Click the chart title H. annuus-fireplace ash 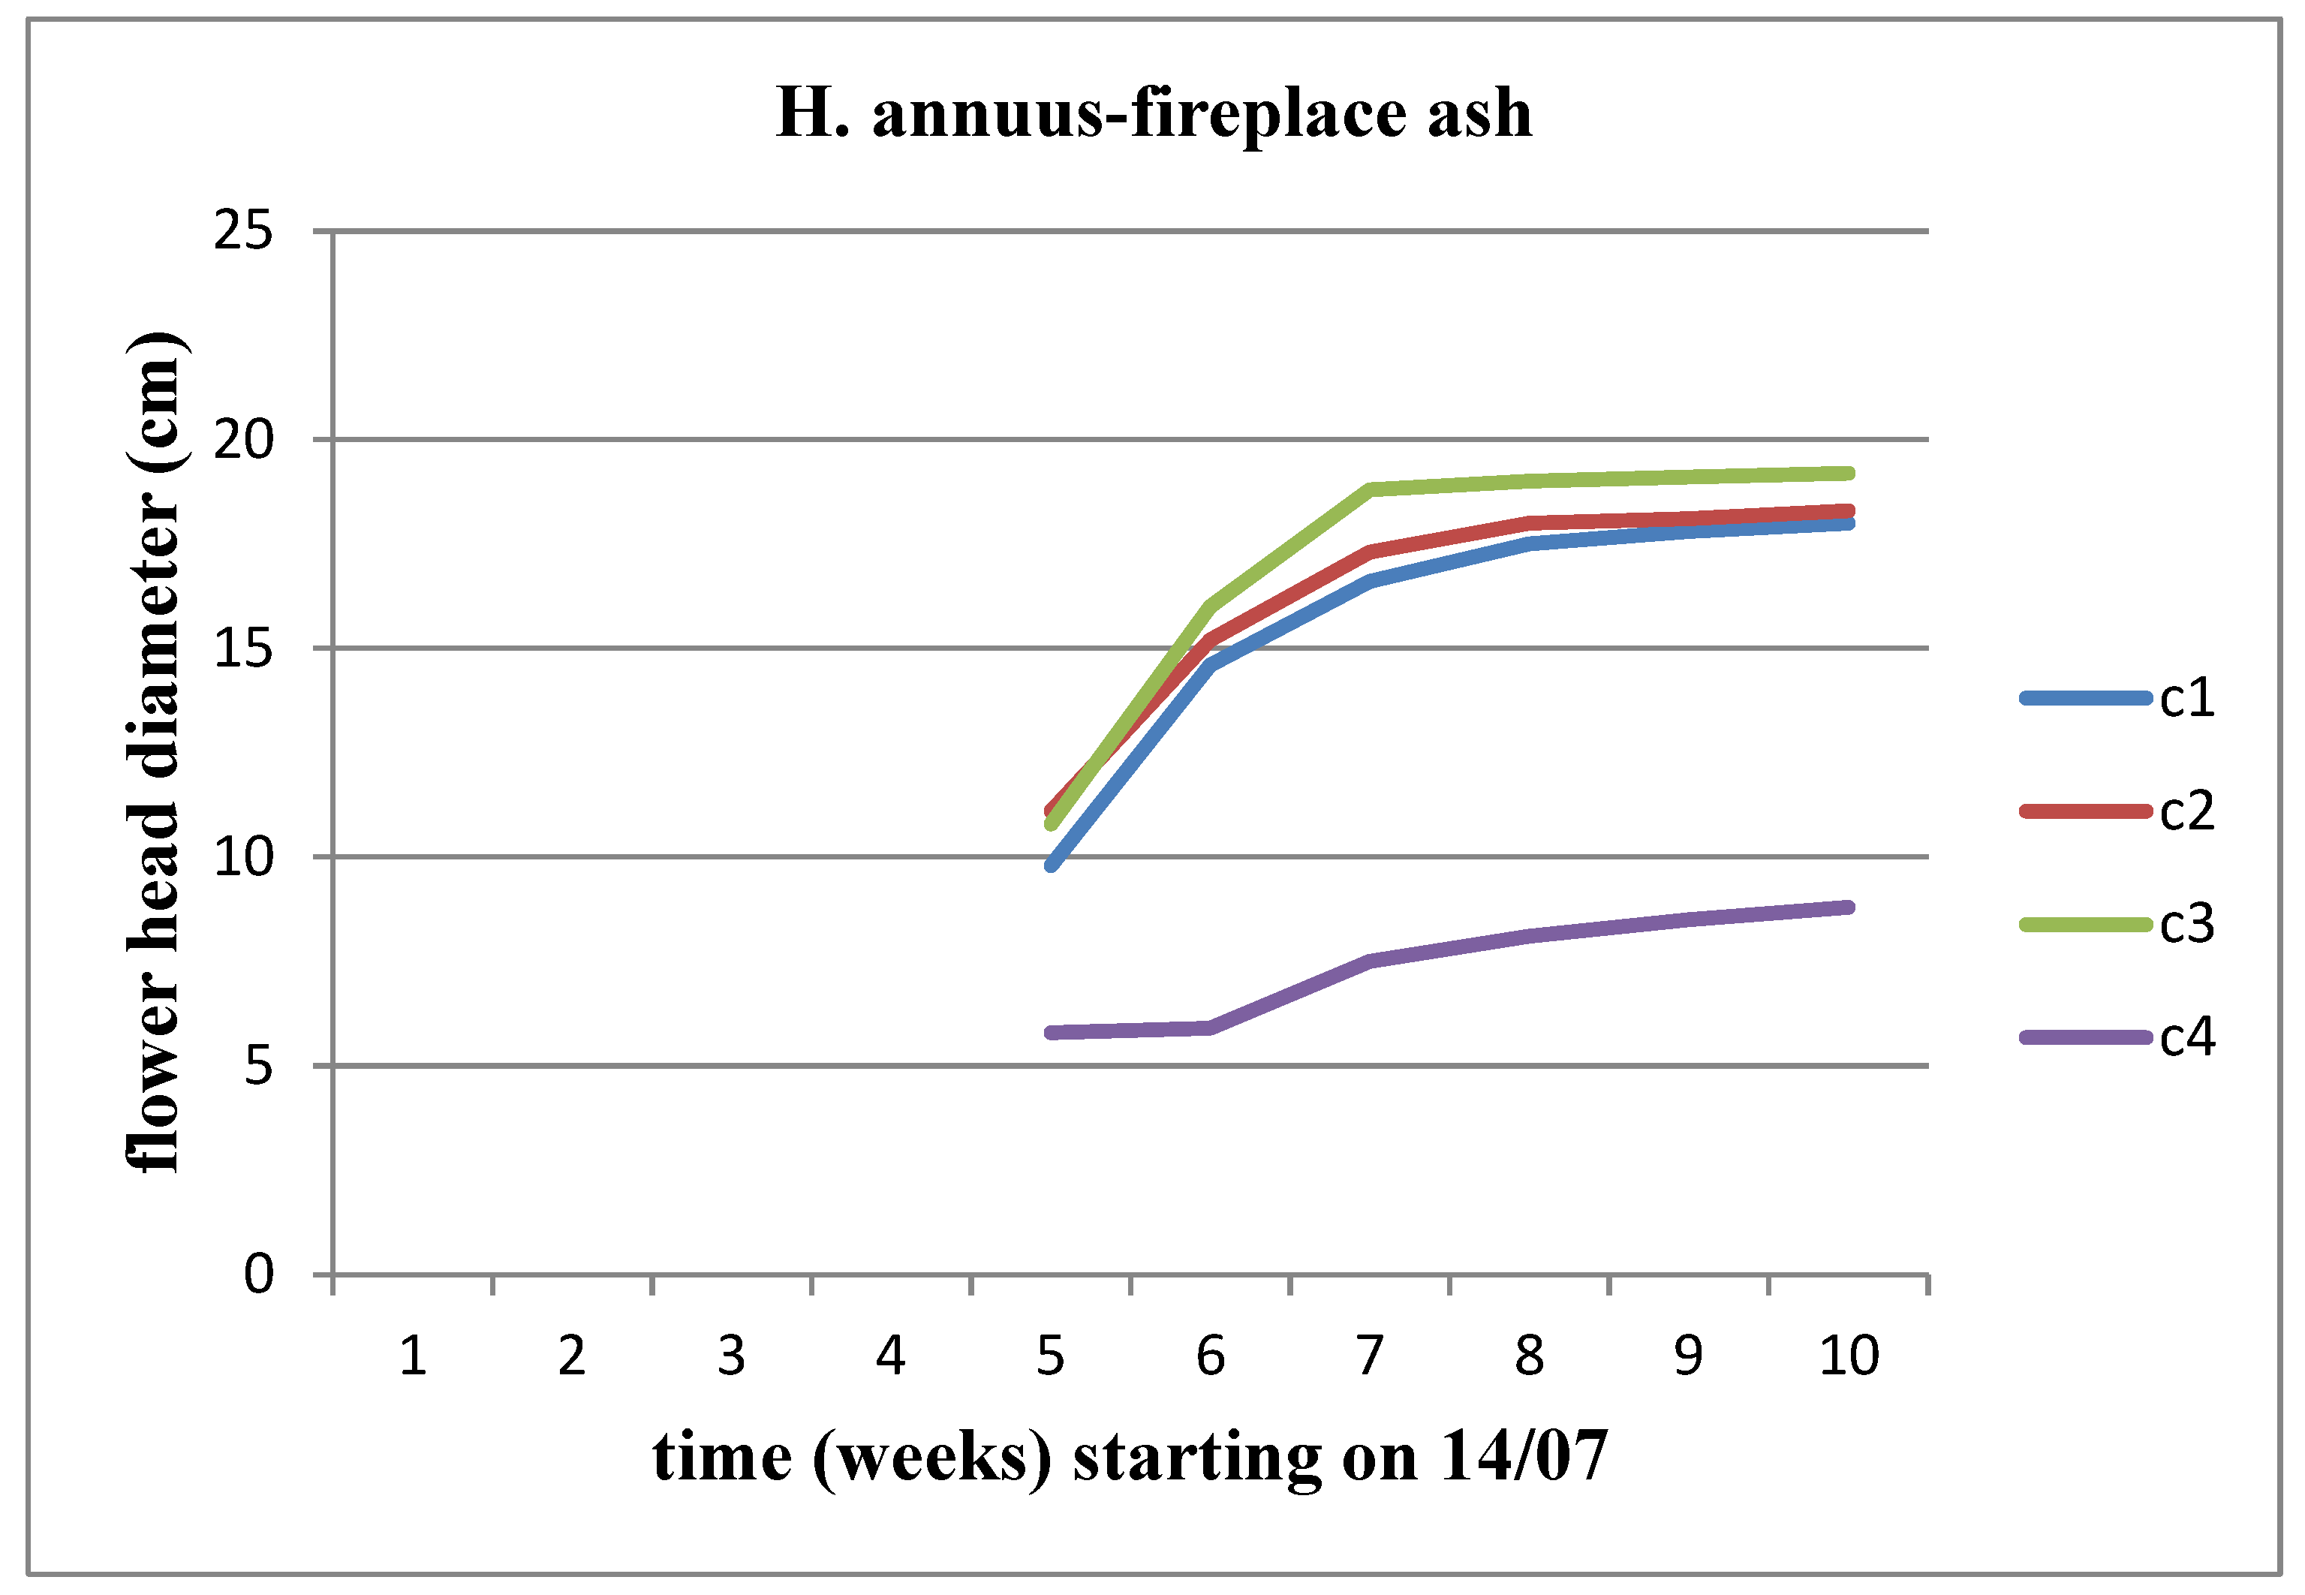coord(1153,113)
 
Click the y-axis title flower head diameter coord(154,751)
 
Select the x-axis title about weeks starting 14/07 coord(1129,1456)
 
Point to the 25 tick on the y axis coord(242,231)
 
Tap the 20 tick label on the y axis coord(242,440)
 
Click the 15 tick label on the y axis coord(242,649)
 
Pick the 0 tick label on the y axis coord(257,1274)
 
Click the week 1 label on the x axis coord(413,1356)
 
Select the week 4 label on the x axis coord(890,1356)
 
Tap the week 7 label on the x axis coord(1370,1356)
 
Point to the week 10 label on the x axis coord(1849,1356)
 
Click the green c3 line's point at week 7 coord(1370,489)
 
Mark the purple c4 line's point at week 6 coord(1210,1028)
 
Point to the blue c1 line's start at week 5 coord(1051,865)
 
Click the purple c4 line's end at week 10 coord(1849,907)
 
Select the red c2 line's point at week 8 coord(1530,522)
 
